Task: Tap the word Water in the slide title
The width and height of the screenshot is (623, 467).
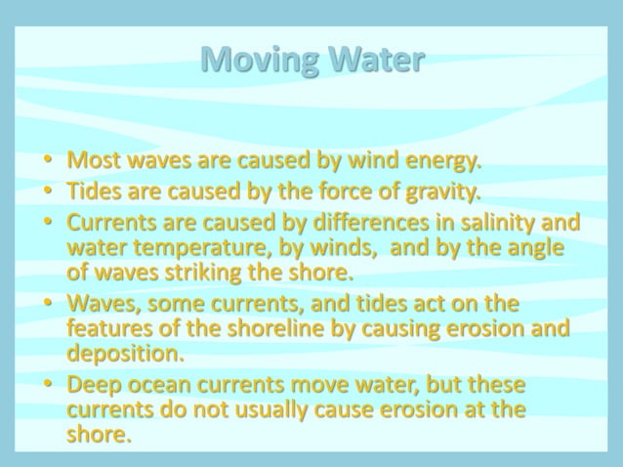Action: point(375,60)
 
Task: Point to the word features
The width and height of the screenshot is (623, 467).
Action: point(108,328)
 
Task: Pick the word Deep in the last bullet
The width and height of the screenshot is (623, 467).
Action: point(93,384)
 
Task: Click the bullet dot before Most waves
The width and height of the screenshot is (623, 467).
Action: point(46,159)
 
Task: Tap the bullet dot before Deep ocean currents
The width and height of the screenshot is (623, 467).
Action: point(46,385)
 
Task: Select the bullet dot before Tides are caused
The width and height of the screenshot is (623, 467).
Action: point(46,189)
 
